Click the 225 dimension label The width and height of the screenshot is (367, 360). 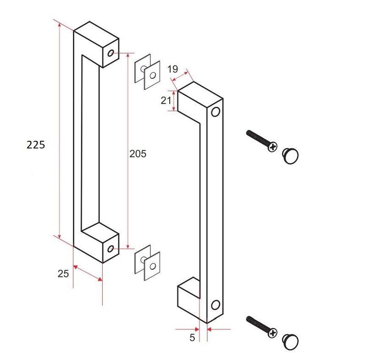click(36, 145)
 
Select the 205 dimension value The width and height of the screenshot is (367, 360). click(138, 154)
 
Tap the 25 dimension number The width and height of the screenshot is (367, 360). click(63, 274)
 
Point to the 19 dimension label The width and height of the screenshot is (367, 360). click(172, 69)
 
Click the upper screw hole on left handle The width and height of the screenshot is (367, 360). click(110, 53)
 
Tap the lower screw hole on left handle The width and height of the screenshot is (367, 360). click(110, 249)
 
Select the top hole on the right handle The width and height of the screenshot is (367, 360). click(215, 112)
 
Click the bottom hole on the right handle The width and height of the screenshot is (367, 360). click(215, 305)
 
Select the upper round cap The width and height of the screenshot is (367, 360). click(290, 155)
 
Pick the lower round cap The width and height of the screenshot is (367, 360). click(290, 342)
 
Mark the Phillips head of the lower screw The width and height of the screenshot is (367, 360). click(273, 334)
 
